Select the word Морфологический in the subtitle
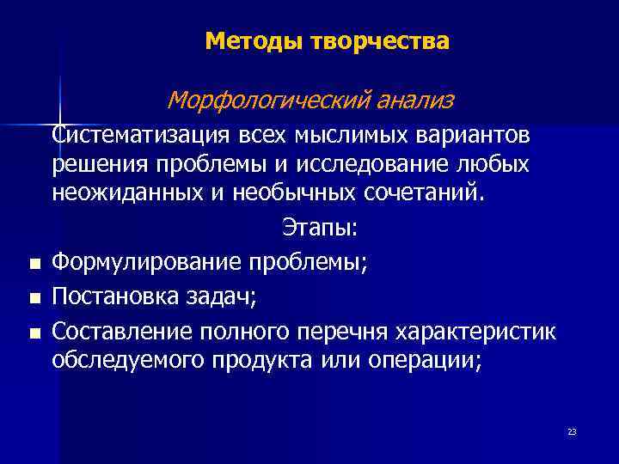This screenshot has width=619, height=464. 269,101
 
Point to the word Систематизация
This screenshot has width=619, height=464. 138,135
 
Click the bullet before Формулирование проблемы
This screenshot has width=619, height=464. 33,265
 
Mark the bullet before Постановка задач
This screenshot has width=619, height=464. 33,298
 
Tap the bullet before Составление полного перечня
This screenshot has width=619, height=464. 33,332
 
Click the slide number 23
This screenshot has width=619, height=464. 572,431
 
